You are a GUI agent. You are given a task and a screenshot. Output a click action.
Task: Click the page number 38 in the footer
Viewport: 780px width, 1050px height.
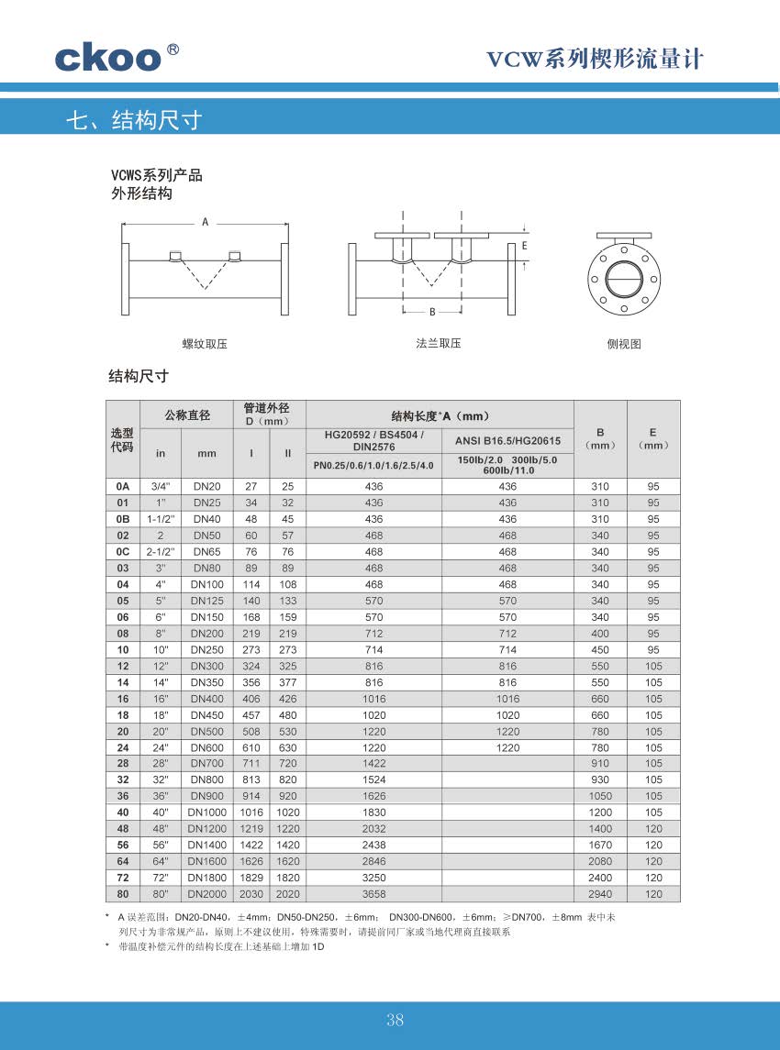click(x=396, y=1021)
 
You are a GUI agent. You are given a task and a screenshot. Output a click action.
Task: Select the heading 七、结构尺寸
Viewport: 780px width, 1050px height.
click(x=134, y=120)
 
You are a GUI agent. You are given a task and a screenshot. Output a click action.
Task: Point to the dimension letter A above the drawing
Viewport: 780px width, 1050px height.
click(x=205, y=222)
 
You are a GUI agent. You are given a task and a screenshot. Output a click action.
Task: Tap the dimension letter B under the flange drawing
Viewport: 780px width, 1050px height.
click(x=431, y=312)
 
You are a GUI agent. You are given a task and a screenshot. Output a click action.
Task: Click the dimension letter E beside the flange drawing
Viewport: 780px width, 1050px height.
click(x=524, y=246)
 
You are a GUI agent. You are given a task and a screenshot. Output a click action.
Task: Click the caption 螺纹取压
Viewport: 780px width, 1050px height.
click(x=205, y=345)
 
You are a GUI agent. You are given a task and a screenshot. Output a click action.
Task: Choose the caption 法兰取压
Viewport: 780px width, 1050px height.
click(x=438, y=344)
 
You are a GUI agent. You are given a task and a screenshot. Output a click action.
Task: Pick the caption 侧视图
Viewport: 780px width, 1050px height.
click(x=624, y=345)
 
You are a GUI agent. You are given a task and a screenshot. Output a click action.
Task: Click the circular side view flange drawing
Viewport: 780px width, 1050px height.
click(x=624, y=277)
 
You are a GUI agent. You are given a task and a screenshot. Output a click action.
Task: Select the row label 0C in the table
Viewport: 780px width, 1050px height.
click(x=123, y=552)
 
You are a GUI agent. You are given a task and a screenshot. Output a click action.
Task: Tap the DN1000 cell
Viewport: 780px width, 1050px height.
click(x=206, y=812)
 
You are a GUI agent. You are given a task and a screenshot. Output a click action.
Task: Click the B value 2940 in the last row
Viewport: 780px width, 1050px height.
click(x=600, y=894)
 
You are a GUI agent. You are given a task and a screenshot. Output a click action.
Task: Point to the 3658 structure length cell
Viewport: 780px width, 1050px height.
click(x=373, y=894)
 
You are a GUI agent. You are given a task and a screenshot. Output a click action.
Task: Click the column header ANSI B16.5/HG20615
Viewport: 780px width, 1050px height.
click(x=507, y=441)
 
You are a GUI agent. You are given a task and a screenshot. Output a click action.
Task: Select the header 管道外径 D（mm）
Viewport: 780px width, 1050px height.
click(x=267, y=414)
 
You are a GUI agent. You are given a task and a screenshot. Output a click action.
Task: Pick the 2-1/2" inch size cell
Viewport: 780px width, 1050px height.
click(x=161, y=552)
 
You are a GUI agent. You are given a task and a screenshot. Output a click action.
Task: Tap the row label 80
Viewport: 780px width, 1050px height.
click(x=123, y=894)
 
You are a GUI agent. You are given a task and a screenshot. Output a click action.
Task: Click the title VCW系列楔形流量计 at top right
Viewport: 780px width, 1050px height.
click(x=594, y=60)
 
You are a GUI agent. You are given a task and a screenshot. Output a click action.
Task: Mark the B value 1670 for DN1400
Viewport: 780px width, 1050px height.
click(x=600, y=846)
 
